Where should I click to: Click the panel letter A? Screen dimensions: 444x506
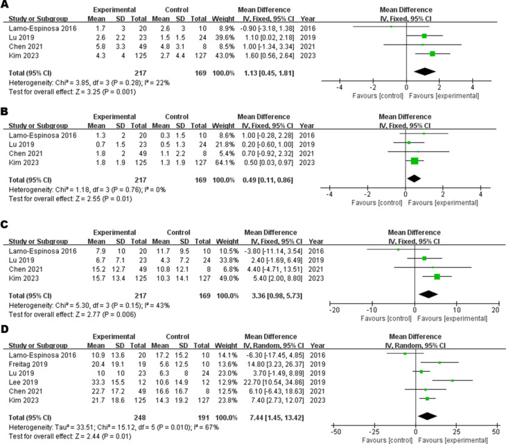[x=6, y=5]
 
